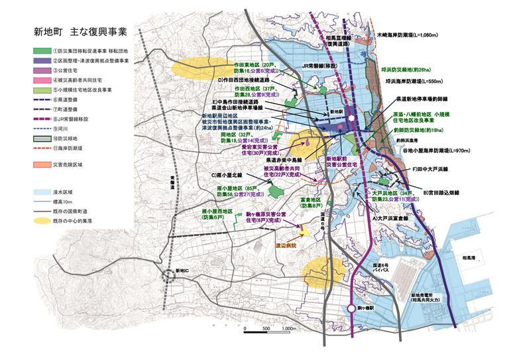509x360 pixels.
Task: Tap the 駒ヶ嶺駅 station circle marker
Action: [x=351, y=308]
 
